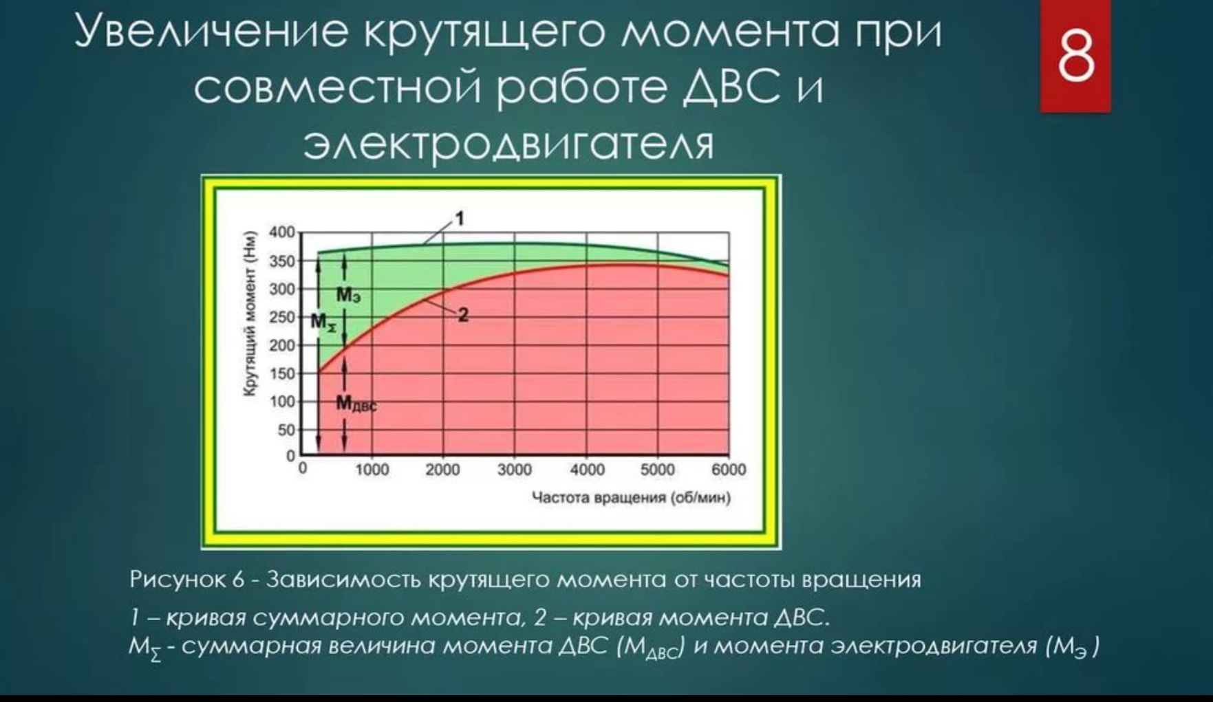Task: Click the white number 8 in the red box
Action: point(1075,56)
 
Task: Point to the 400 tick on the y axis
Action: point(282,232)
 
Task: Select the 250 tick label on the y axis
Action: point(282,317)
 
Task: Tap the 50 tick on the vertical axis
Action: point(286,430)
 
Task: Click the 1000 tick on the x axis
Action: point(372,470)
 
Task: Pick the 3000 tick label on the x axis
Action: point(515,470)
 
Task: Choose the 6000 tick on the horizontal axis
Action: point(729,470)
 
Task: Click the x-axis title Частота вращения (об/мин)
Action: point(631,498)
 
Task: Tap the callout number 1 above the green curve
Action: point(460,219)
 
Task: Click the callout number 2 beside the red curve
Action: point(463,315)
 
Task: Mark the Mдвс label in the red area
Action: point(356,404)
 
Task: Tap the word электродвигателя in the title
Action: point(508,144)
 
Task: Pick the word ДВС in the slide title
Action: point(733,88)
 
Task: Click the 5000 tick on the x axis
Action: point(657,470)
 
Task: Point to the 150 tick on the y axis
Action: point(282,373)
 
